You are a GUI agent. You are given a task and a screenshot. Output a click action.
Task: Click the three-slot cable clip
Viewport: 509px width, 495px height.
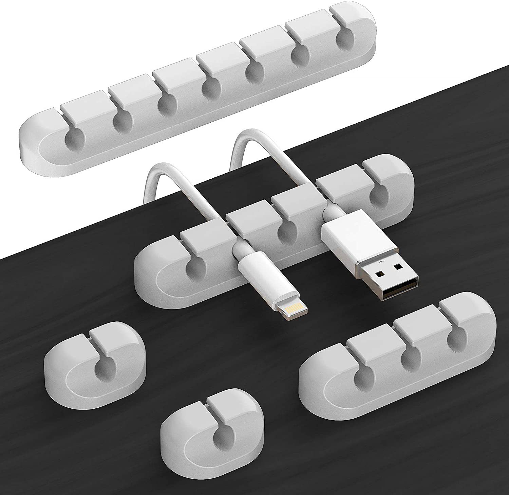(x=397, y=353)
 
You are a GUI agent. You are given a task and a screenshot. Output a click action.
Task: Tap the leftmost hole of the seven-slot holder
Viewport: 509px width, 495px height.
(x=73, y=140)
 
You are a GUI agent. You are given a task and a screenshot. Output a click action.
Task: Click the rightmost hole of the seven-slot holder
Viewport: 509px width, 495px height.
(x=345, y=41)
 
